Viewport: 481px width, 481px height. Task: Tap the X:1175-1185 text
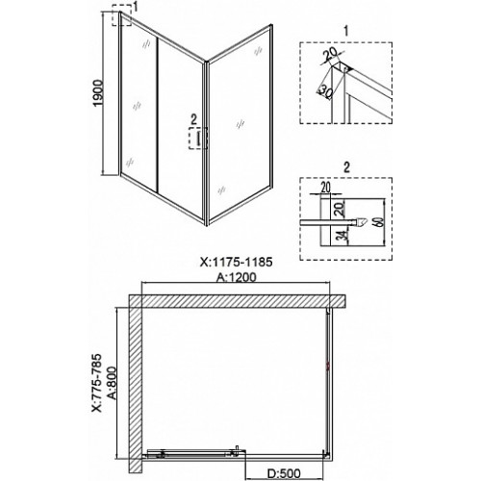tap(237, 262)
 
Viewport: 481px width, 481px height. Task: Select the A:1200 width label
tap(237, 277)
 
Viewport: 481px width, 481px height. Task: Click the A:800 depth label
tap(112, 383)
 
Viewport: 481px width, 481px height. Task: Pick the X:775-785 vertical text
tap(96, 382)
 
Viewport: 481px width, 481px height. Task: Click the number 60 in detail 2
tap(379, 222)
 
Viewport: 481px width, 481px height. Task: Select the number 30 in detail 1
tap(325, 92)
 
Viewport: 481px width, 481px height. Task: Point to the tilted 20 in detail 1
tap(330, 55)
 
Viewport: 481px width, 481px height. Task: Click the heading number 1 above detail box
tap(345, 32)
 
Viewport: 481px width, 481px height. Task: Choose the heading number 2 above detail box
tap(346, 167)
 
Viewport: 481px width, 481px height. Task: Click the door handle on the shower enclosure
tap(198, 139)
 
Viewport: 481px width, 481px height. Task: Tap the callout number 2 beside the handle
tap(193, 119)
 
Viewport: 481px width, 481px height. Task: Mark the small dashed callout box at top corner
tap(122, 15)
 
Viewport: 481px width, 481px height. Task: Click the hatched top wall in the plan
tap(238, 301)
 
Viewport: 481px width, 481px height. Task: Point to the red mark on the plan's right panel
tap(328, 366)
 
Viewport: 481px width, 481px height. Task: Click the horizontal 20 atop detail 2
tap(325, 188)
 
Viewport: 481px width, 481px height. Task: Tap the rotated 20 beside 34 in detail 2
tap(341, 208)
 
